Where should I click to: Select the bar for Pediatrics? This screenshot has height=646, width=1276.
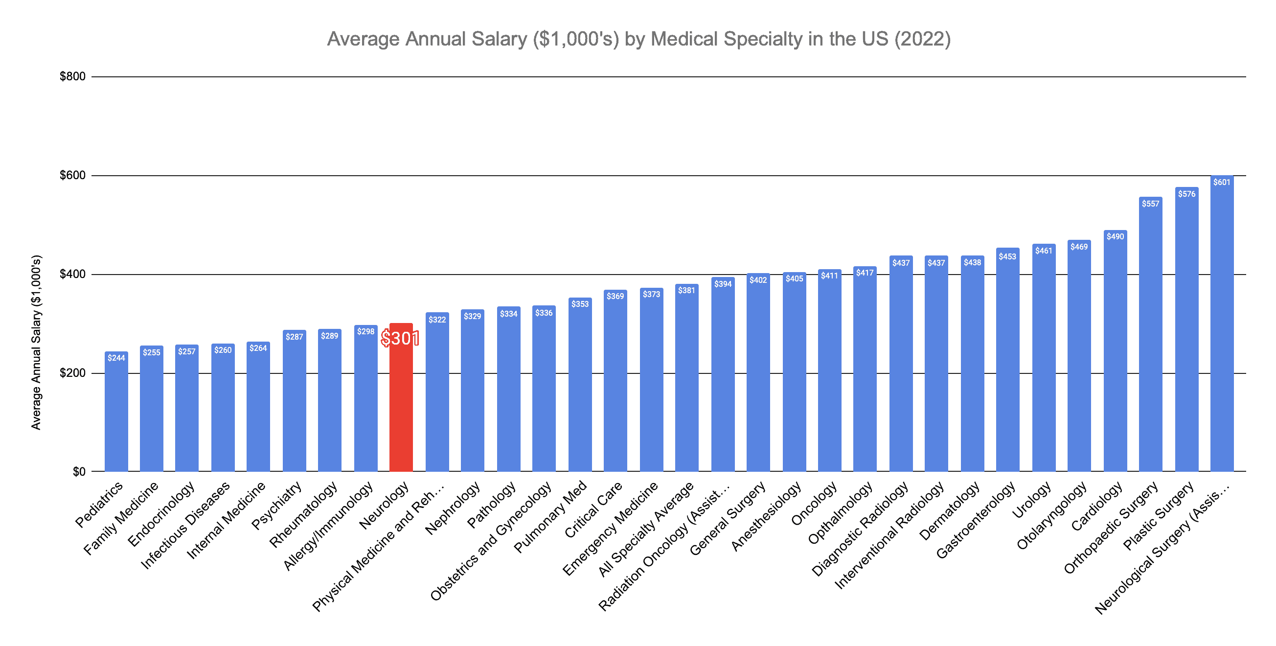tap(116, 416)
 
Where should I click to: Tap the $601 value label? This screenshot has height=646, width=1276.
tap(1222, 183)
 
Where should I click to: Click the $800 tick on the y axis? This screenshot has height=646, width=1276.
tap(72, 76)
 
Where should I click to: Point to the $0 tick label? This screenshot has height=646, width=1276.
tap(79, 472)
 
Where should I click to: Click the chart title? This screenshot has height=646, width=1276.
tap(638, 39)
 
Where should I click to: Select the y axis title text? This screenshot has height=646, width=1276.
tap(36, 342)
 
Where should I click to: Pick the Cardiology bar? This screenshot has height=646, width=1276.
tap(1115, 357)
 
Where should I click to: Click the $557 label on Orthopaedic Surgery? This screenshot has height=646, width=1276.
tap(1150, 204)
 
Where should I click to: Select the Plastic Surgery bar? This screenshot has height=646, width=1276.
tap(1186, 337)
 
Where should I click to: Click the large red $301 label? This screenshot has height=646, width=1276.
tap(400, 339)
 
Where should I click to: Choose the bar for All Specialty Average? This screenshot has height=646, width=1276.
tap(686, 381)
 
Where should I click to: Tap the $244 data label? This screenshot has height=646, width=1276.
tap(116, 358)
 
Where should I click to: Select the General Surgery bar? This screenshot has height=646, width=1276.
tap(758, 376)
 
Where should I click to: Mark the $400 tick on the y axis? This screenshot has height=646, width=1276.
tap(72, 274)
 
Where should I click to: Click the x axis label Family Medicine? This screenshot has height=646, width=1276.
tap(121, 518)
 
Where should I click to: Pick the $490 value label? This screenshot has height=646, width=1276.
tap(1115, 236)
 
